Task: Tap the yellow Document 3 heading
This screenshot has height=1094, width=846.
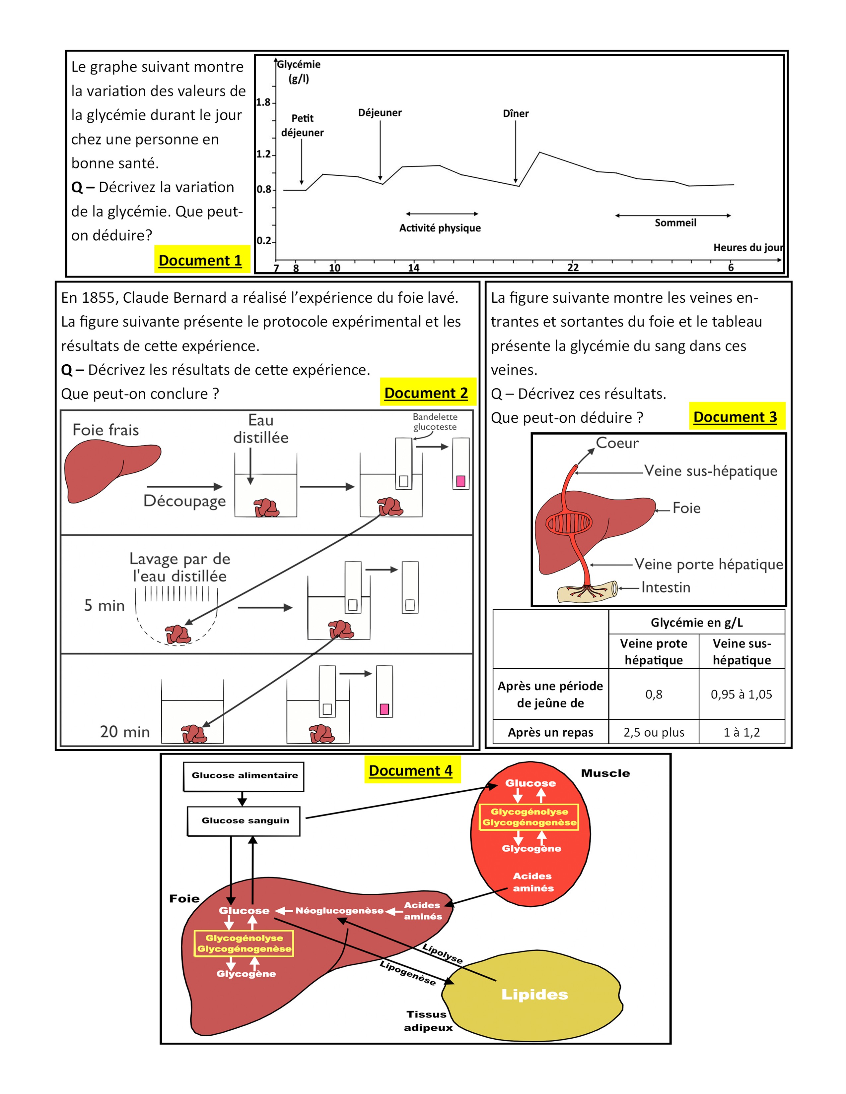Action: click(735, 416)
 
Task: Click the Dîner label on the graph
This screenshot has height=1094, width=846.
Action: click(515, 114)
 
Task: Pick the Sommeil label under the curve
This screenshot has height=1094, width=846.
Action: click(675, 222)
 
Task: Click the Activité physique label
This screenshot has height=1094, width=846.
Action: click(440, 228)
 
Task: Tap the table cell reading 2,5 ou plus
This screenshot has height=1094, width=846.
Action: click(654, 732)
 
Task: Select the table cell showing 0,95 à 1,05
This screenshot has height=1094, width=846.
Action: click(741, 694)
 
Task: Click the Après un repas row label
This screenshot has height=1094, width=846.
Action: click(550, 732)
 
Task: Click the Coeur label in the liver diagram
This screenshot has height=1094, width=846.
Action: click(617, 443)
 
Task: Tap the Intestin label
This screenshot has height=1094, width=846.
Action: click(666, 587)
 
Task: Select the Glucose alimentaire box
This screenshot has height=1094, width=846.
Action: click(244, 775)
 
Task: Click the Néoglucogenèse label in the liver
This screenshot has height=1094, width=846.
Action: click(339, 911)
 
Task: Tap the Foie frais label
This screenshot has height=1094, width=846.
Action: click(106, 430)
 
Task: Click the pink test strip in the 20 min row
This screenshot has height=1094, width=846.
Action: click(385, 709)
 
